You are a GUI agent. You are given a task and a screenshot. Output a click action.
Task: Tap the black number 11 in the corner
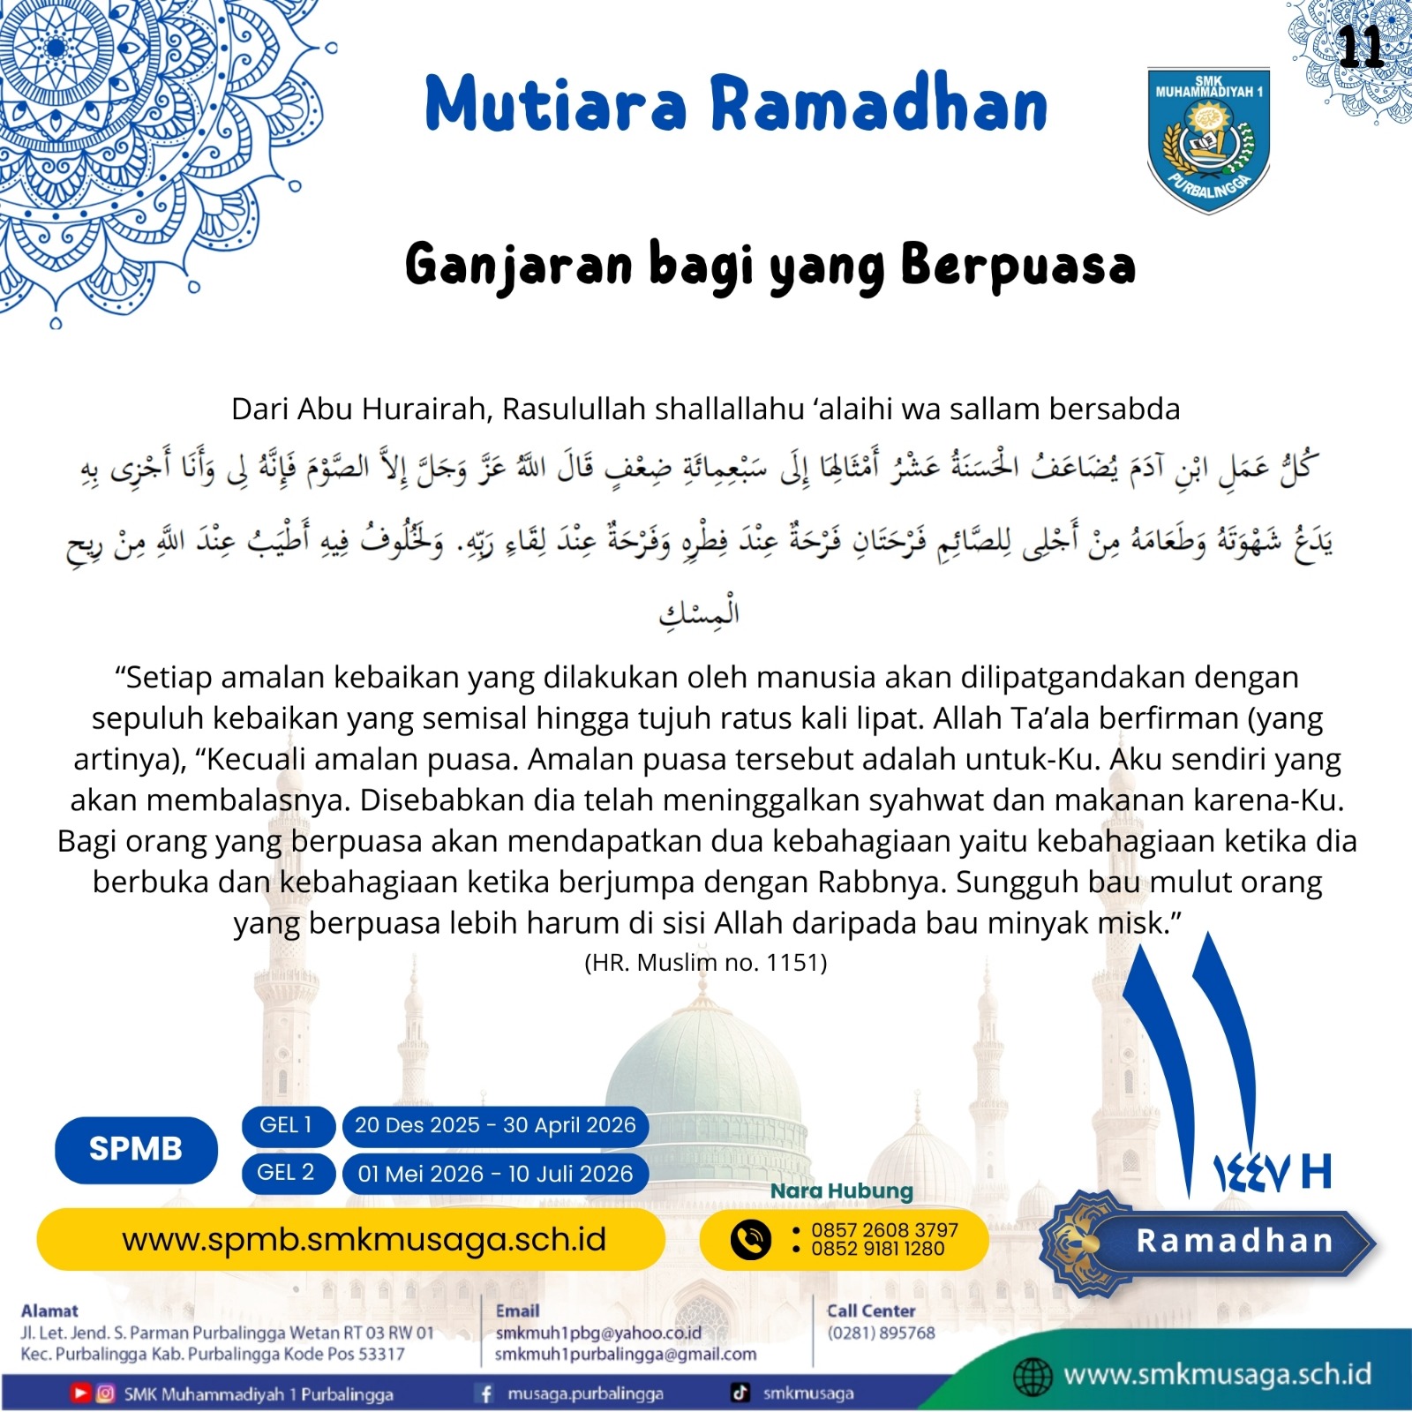[1360, 47]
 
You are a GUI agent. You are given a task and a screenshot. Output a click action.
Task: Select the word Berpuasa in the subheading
[1018, 265]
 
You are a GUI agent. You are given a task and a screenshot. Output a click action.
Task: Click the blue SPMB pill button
[136, 1149]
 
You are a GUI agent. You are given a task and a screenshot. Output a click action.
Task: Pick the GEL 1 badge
[287, 1125]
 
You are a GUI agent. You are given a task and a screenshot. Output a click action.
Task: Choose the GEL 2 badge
[287, 1173]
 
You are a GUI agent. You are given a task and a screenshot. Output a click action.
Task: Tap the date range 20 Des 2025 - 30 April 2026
[495, 1125]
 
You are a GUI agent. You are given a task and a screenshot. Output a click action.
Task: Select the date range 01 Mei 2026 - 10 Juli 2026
[495, 1174]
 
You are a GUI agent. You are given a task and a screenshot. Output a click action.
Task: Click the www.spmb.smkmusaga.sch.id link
[364, 1240]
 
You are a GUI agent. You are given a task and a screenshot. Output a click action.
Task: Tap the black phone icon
[751, 1239]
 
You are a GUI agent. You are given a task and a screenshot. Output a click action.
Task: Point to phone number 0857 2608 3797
[884, 1230]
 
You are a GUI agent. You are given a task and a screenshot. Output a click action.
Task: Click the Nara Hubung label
[841, 1190]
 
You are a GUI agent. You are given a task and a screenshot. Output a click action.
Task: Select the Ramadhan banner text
[1234, 1241]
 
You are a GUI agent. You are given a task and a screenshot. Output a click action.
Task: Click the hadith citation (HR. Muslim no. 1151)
[706, 962]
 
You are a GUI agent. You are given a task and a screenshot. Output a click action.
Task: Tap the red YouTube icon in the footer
[80, 1393]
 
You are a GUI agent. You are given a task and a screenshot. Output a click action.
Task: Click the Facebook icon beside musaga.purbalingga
[485, 1393]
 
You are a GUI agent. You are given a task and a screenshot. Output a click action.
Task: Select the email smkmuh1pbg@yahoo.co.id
[598, 1333]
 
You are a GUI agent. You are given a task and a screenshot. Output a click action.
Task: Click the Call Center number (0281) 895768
[881, 1333]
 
